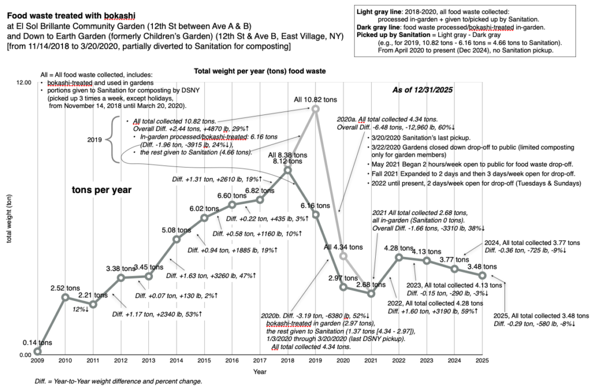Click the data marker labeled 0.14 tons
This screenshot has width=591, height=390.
[x=38, y=351]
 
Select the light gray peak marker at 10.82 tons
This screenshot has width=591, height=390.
[x=316, y=108]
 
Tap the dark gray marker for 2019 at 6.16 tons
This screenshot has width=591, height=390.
[x=316, y=215]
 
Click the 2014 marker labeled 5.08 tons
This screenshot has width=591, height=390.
[x=177, y=239]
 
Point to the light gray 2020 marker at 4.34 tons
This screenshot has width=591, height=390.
[x=343, y=255]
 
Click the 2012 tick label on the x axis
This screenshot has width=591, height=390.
[x=121, y=361]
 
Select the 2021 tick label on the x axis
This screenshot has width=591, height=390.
[x=371, y=361]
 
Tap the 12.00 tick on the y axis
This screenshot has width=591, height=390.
[x=23, y=83]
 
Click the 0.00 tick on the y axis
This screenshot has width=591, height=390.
[x=25, y=355]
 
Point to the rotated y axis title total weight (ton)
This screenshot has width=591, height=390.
[x=9, y=216]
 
